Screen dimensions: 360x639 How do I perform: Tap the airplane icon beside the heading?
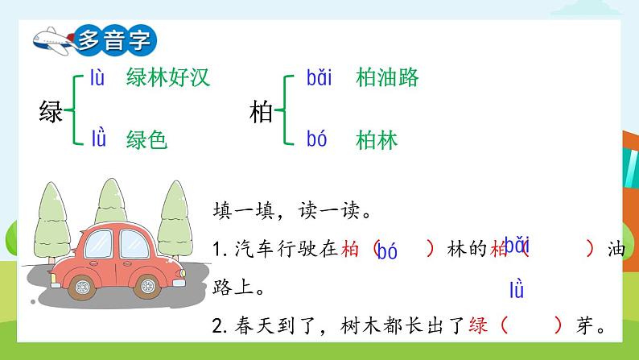(51, 38)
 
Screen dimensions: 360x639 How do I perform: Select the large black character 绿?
(51, 111)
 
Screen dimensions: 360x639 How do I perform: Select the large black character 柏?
(262, 111)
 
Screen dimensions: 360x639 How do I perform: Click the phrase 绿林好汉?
(167, 78)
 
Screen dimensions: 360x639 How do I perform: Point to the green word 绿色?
(146, 140)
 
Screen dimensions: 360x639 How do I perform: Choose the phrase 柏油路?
(387, 78)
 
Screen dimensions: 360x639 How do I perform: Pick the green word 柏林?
(377, 140)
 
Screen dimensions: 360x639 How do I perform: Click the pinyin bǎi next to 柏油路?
(319, 78)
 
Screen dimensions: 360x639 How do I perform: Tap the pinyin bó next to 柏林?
(316, 140)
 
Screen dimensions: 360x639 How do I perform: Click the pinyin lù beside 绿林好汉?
(97, 78)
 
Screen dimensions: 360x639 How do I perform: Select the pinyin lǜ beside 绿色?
(98, 139)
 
